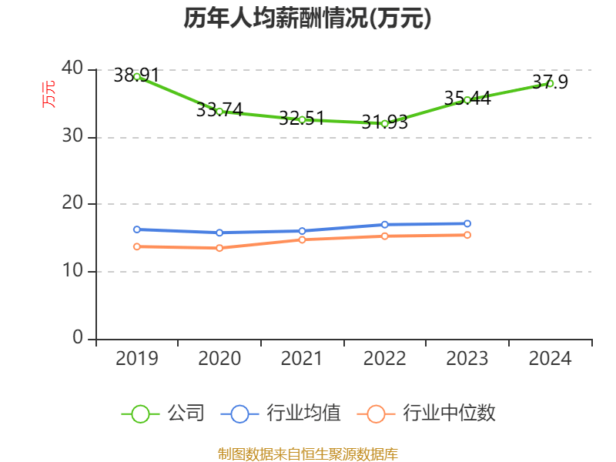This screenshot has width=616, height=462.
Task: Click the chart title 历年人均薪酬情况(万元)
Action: [307, 18]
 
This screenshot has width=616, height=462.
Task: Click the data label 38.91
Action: [136, 75]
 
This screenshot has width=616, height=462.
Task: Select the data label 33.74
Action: [219, 110]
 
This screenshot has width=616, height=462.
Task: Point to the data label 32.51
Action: [302, 119]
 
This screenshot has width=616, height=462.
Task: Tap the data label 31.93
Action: [384, 122]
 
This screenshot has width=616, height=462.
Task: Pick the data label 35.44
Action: [467, 99]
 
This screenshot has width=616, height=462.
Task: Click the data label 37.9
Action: [550, 82]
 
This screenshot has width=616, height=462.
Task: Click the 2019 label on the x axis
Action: [137, 359]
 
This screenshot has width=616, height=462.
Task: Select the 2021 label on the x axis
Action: [302, 359]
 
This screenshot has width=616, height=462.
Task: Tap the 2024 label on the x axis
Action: [550, 359]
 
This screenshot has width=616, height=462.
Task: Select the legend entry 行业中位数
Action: [426, 413]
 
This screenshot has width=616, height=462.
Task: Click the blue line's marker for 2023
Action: [467, 223]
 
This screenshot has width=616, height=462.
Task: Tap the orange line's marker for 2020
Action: [219, 248]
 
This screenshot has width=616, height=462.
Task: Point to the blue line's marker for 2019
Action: [137, 229]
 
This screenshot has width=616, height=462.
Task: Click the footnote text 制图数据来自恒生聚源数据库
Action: [307, 454]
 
